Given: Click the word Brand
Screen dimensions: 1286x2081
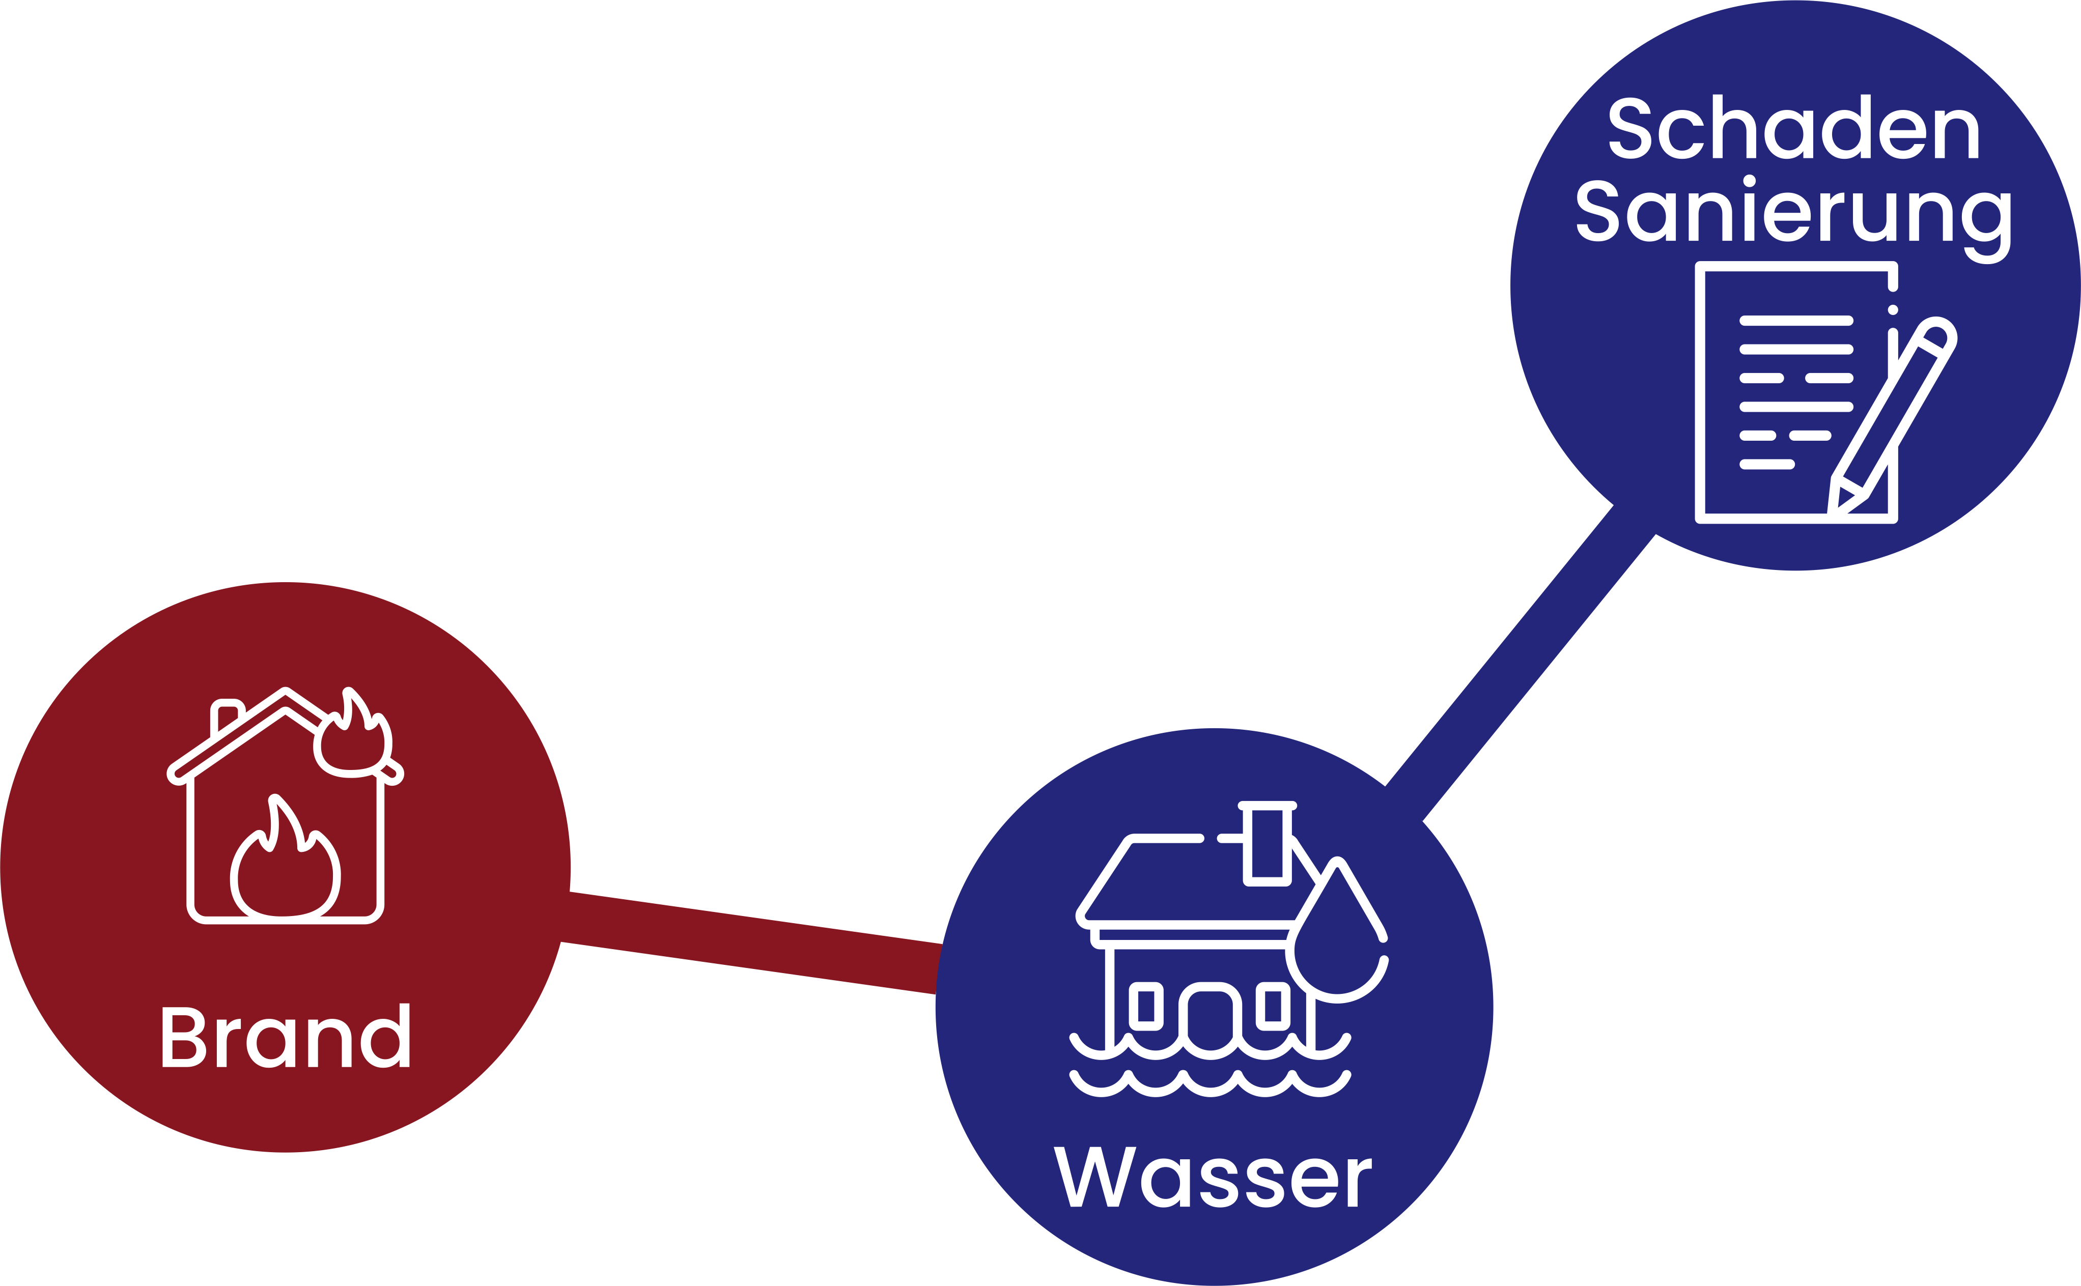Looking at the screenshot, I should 285,1036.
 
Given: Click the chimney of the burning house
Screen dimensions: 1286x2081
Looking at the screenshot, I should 227,717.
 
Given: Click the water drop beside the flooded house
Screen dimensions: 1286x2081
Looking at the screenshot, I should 1336,944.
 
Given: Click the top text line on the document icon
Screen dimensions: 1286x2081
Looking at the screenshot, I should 1795,321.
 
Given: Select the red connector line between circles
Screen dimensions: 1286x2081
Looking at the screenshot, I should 753,942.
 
